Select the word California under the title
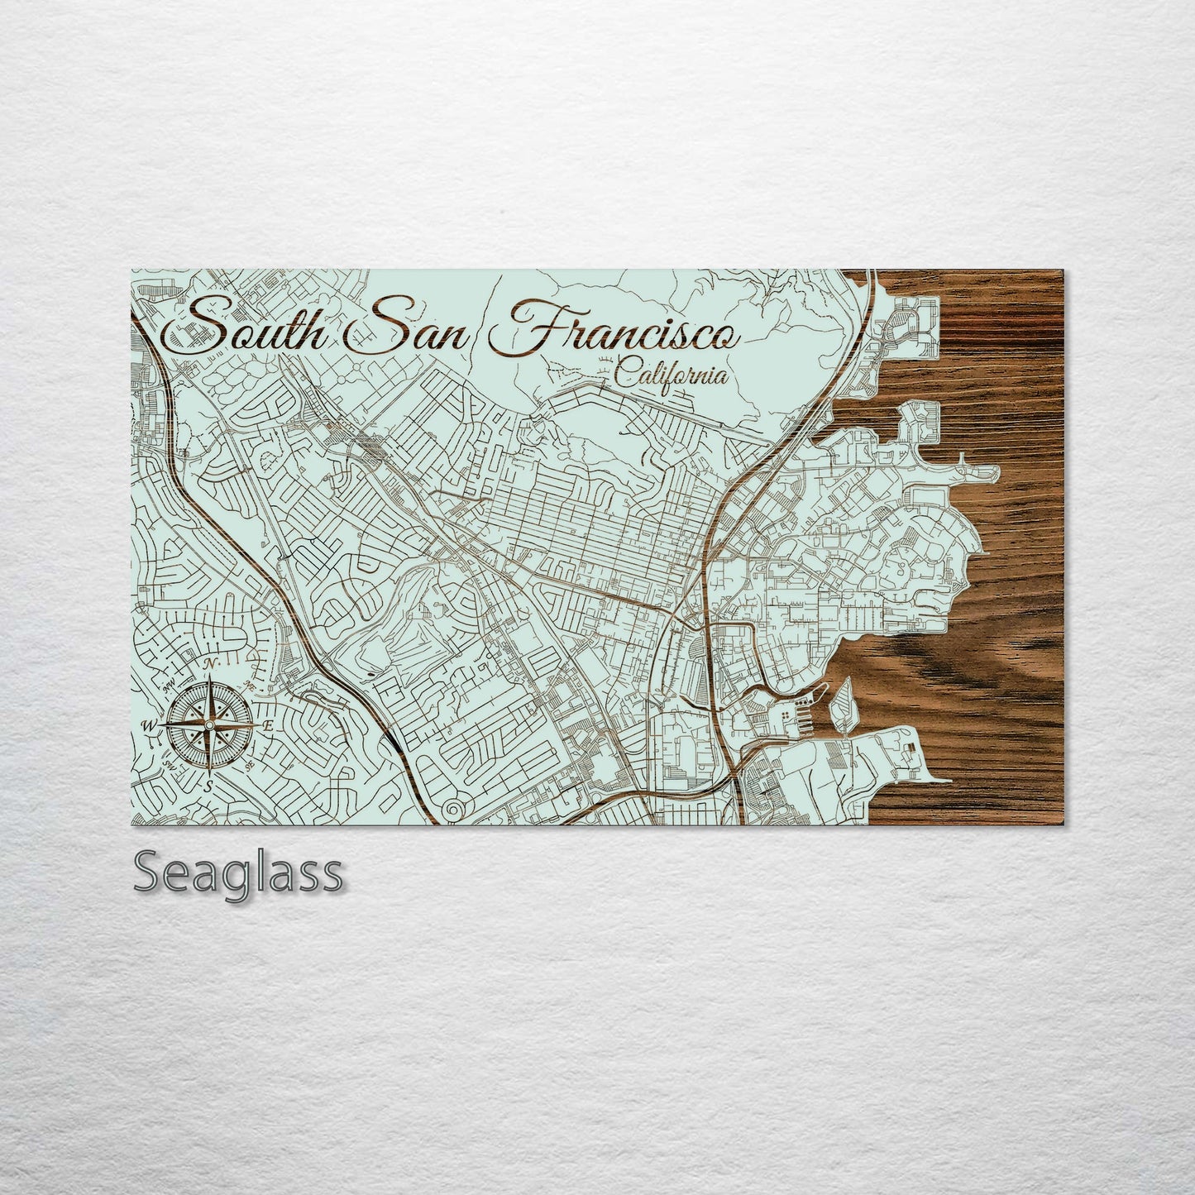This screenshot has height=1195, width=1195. [672, 376]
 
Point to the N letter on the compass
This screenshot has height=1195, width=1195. [212, 665]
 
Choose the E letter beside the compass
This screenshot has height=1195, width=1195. [268, 725]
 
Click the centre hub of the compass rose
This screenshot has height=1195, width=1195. [209, 725]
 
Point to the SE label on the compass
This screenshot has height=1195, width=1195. [249, 766]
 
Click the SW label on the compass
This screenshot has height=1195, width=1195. [170, 766]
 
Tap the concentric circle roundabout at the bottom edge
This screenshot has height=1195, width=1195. [454, 810]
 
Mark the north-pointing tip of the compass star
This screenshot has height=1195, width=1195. [209, 678]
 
